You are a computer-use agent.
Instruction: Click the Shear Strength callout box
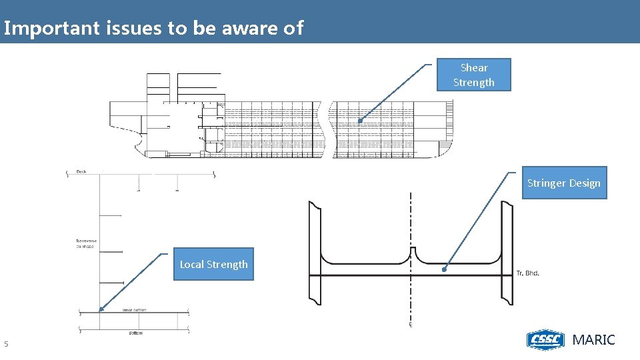473,75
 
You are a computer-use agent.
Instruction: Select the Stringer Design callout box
564,183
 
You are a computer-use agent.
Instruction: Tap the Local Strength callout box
213,264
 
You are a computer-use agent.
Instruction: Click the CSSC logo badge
545,339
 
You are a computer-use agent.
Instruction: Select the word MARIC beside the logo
594,339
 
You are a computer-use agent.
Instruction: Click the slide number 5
6,344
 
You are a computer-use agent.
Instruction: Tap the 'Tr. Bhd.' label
528,273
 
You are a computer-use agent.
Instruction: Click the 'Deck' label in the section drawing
81,171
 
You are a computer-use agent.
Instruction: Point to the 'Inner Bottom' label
134,310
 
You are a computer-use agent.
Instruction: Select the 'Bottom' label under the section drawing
135,333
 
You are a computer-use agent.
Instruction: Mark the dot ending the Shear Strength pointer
359,121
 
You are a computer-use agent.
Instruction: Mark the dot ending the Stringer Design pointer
445,270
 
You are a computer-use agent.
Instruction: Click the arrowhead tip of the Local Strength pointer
100,309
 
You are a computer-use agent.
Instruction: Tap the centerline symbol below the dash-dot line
411,325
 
